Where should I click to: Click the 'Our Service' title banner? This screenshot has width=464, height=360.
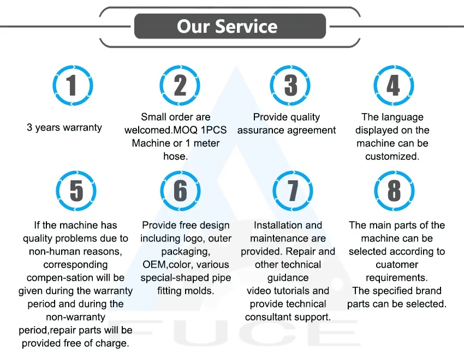(230, 26)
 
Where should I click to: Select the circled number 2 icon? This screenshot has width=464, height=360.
(180, 86)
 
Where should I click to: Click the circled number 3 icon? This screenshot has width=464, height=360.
(290, 86)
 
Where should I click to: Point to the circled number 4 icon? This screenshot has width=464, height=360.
(394, 86)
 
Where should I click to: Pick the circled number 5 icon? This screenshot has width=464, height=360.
(76, 191)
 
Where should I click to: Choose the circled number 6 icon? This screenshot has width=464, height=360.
(180, 191)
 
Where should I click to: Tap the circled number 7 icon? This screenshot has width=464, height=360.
(293, 191)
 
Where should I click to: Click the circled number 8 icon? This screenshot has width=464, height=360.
(394, 191)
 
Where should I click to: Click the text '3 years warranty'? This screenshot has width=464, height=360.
(64, 128)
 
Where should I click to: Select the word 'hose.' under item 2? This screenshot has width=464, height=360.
(175, 156)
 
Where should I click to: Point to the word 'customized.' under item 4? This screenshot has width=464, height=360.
(392, 156)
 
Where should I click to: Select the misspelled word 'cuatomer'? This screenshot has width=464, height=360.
(396, 264)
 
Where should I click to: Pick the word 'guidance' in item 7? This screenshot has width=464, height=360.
(288, 278)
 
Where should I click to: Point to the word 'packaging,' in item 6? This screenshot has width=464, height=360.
(186, 251)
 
